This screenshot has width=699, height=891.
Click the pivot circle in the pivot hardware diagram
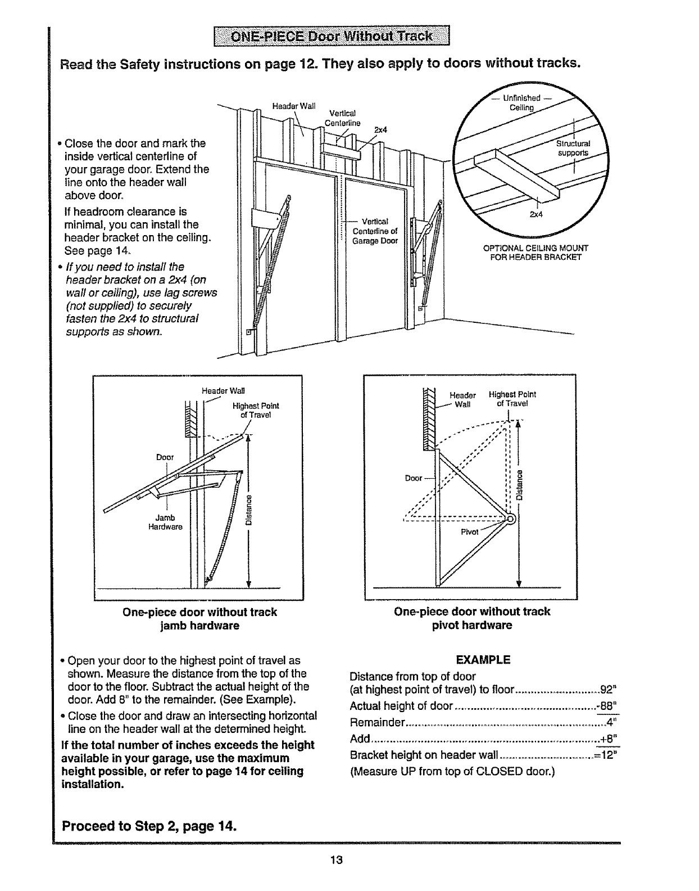click(511, 519)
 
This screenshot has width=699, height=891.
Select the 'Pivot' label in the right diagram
click(469, 532)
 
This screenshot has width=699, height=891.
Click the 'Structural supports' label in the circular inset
click(573, 147)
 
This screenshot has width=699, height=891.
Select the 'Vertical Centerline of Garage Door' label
click(375, 231)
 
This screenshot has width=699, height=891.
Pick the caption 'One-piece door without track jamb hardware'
click(199, 618)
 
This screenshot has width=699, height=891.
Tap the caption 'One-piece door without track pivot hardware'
click(472, 618)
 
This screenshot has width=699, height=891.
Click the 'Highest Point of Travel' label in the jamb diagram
click(256, 410)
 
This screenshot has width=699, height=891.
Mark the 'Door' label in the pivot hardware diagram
click(413, 478)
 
